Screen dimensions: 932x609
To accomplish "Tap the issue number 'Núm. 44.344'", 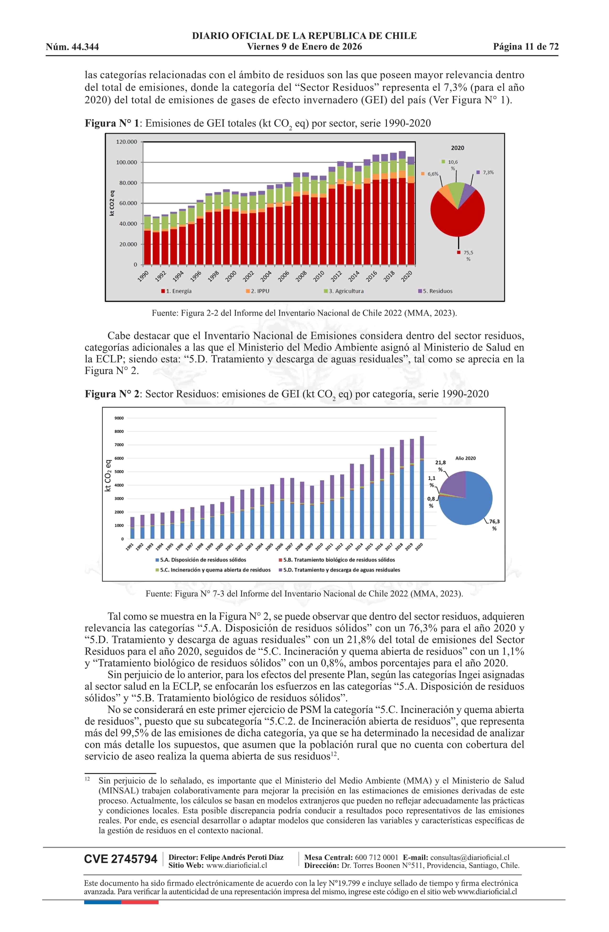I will [x=72, y=47].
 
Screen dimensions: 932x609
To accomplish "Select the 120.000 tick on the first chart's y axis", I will [x=126, y=142].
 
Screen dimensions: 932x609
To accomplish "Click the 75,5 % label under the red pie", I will [x=468, y=256].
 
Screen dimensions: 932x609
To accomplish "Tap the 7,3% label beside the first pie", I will [x=488, y=172].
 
